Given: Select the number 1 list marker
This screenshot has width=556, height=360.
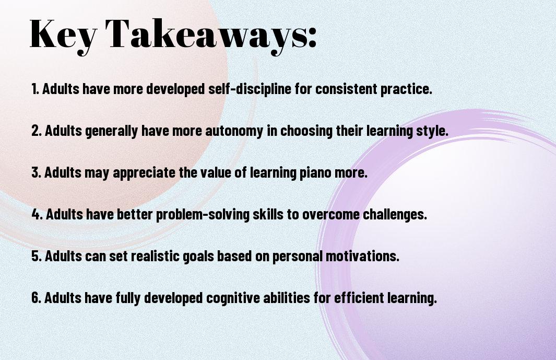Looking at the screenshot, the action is [x=35, y=89].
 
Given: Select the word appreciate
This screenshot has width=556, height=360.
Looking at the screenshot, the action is [x=144, y=173].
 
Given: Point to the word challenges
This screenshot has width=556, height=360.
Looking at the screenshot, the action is [x=395, y=214].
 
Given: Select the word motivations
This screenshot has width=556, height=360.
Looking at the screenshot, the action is [x=362, y=256].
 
